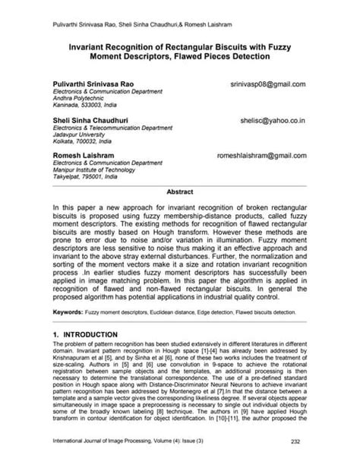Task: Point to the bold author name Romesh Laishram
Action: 82,154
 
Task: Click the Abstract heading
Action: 180,192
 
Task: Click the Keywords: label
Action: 71,312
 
